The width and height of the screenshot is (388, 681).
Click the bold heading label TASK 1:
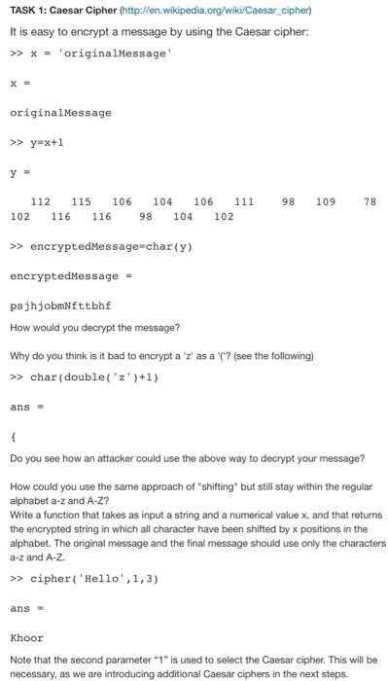[32, 12]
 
